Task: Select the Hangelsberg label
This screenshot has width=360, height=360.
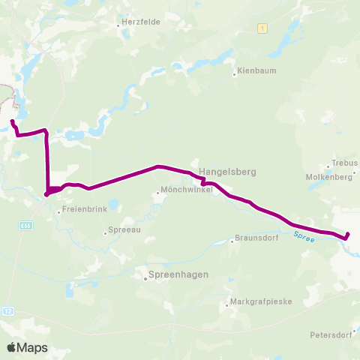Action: pos(227,172)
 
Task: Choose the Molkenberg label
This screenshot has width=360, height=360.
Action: pos(329,177)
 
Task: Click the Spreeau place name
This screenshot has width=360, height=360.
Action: pos(124,232)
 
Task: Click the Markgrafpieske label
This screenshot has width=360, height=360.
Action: pos(259,302)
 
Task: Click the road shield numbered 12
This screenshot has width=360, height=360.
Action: pos(8,310)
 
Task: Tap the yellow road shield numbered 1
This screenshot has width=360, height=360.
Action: pos(262,28)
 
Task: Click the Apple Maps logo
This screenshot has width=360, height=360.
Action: pos(27,347)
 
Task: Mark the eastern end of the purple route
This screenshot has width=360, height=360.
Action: pos(346,238)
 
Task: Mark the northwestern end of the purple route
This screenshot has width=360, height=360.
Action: pos(12,121)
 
